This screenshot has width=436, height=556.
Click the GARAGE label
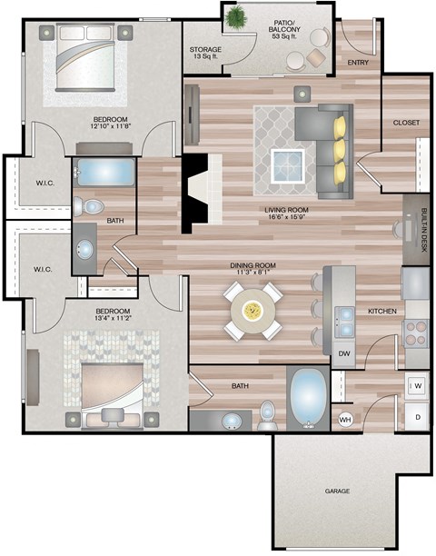coord(337,491)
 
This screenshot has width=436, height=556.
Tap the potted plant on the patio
coord(238,17)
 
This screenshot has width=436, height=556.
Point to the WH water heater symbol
coord(345,419)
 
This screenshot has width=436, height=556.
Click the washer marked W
coord(417,386)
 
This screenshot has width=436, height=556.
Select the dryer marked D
coord(417,417)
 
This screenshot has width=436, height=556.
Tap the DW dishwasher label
coord(344,353)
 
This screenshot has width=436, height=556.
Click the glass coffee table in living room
coord(292,165)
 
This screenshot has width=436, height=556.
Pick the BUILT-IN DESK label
coord(424,229)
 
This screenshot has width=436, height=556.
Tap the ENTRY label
coord(358,63)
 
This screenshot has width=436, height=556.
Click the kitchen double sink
coord(345,318)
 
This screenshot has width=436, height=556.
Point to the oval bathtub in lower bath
coord(309,397)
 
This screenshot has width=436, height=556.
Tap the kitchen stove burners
coord(415,333)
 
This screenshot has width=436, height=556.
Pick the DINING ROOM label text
coord(252,265)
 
